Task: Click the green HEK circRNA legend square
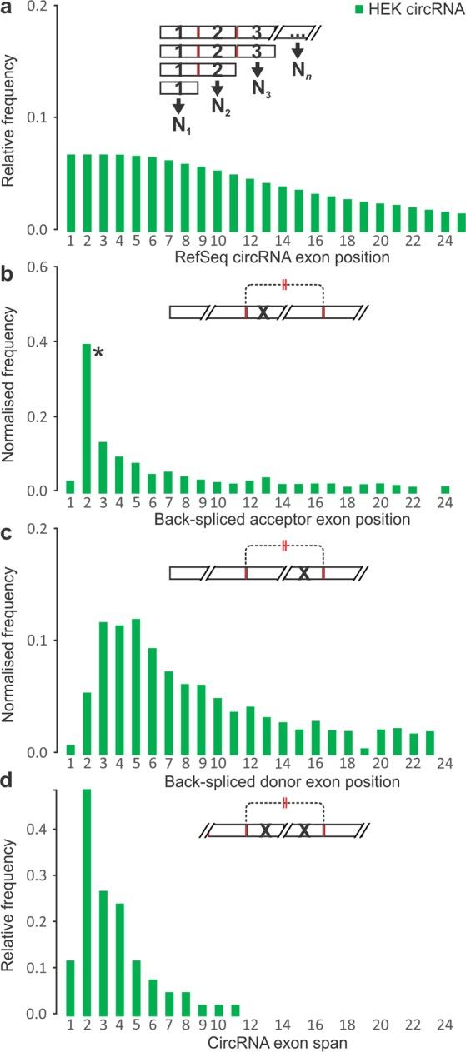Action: (x=358, y=10)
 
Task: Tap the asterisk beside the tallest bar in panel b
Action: (x=98, y=353)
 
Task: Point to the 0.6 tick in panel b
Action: (x=38, y=267)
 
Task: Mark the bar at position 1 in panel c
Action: (x=71, y=749)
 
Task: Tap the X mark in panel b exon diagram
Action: (x=263, y=312)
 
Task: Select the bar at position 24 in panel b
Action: (x=445, y=489)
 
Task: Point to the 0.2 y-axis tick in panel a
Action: (x=38, y=7)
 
